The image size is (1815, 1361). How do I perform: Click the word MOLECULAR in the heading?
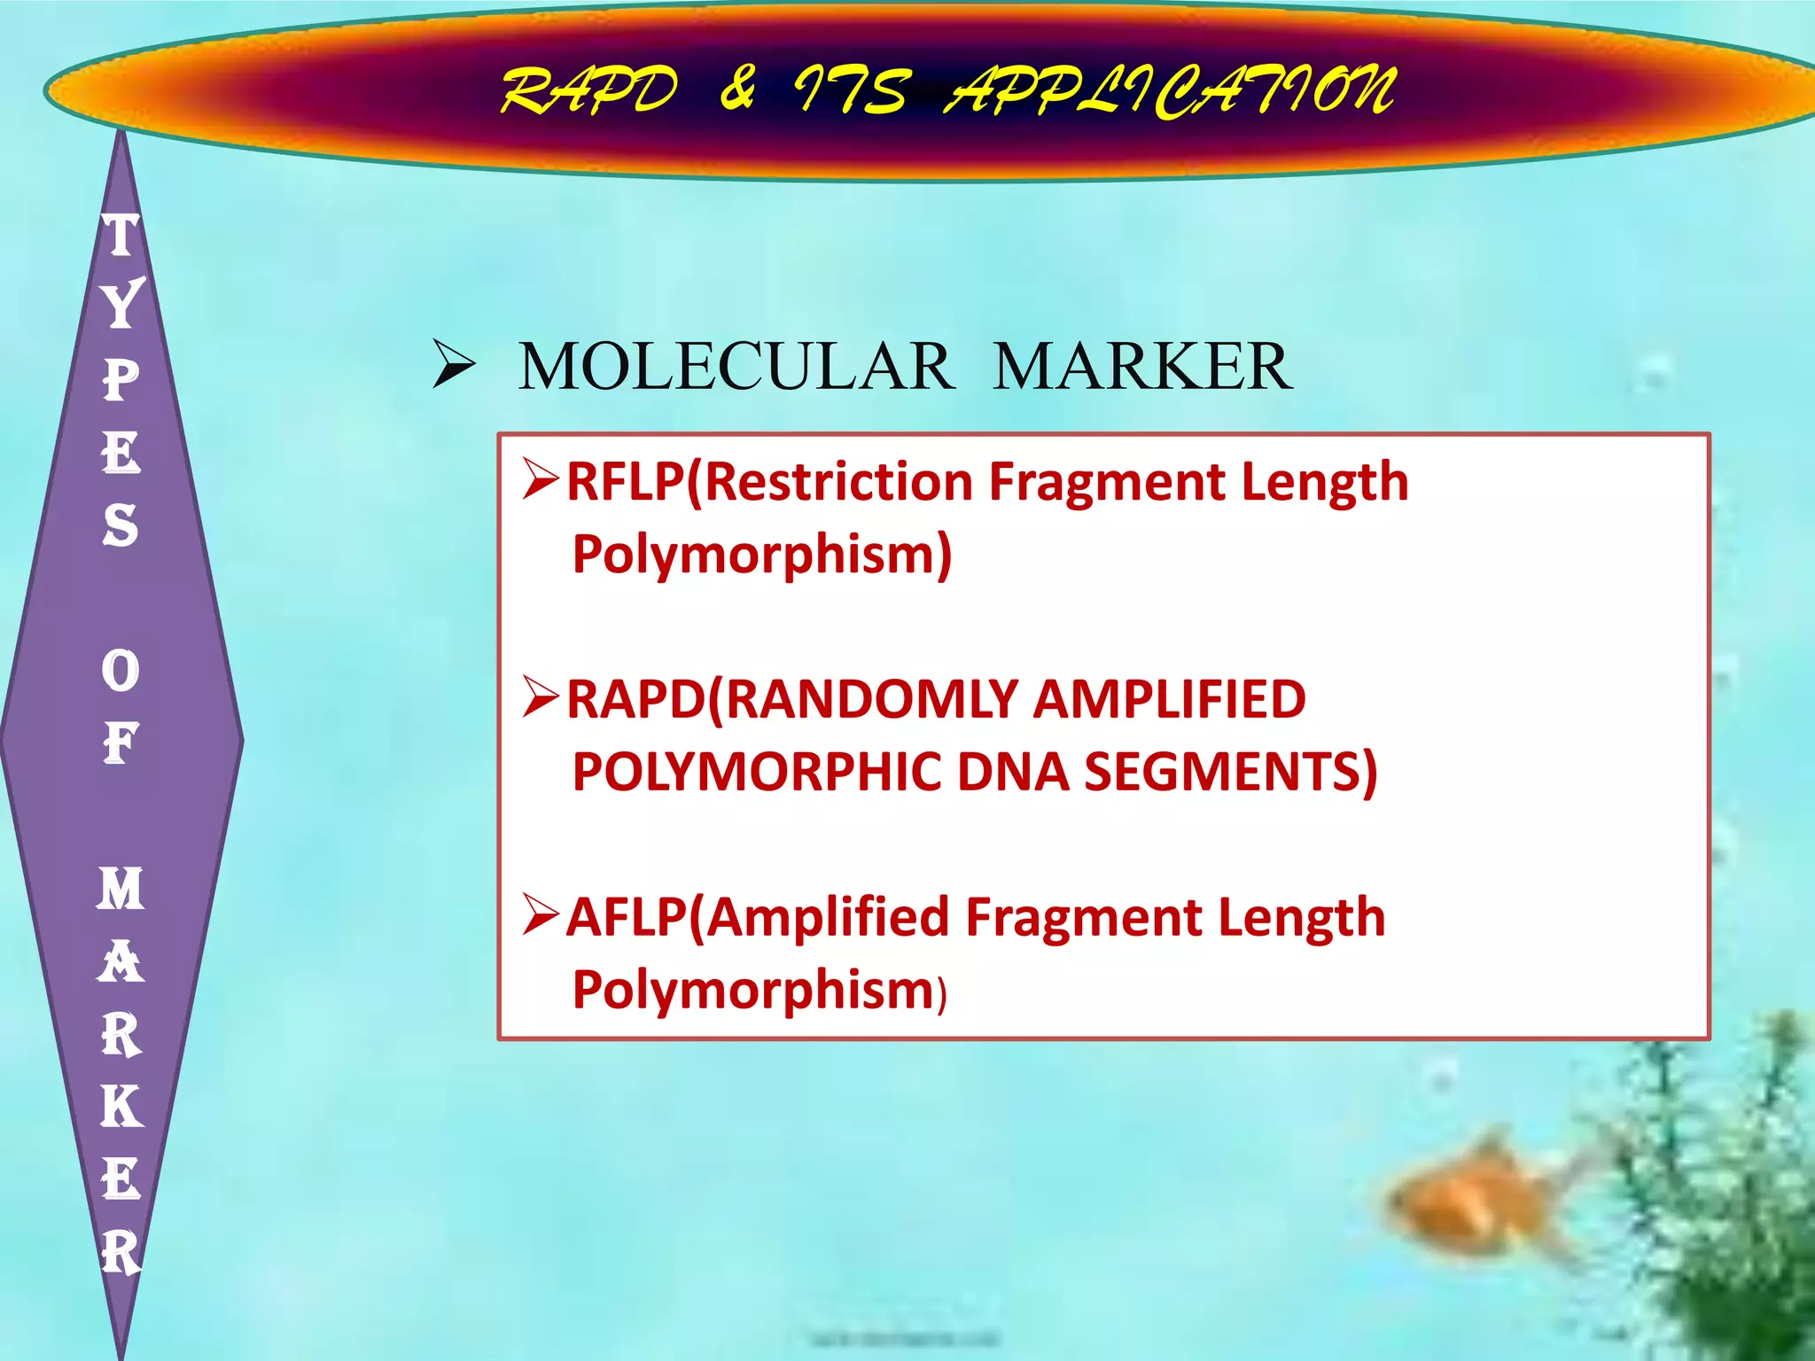pyautogui.click(x=736, y=367)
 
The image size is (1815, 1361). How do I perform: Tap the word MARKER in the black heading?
pyautogui.click(x=1142, y=367)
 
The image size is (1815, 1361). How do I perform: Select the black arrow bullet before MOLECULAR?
pyautogui.click(x=454, y=367)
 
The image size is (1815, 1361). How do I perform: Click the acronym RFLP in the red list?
pyautogui.click(x=626, y=482)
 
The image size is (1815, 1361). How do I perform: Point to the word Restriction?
pyautogui.click(x=837, y=482)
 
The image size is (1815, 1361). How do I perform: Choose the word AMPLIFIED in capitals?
pyautogui.click(x=1169, y=699)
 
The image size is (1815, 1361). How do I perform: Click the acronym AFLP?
pyautogui.click(x=627, y=917)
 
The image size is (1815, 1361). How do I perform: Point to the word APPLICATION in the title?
pyautogui.click(x=1170, y=91)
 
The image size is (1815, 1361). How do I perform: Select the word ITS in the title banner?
pyautogui.click(x=851, y=91)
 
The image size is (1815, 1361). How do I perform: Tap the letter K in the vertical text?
pyautogui.click(x=121, y=1107)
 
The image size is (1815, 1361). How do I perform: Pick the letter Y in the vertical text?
pyautogui.click(x=121, y=304)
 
